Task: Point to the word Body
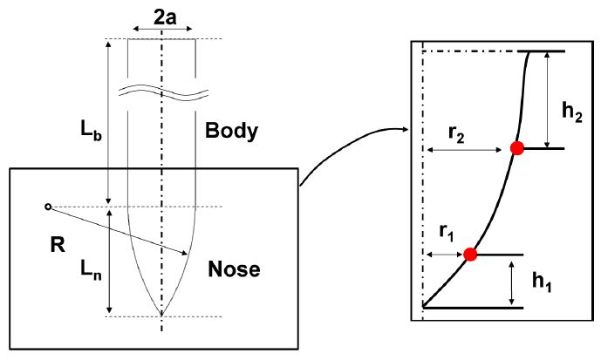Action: (231, 132)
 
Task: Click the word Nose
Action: (234, 269)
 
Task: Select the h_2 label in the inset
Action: (570, 111)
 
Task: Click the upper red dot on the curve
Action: (516, 148)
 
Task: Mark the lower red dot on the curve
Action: (470, 255)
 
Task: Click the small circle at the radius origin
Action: (47, 207)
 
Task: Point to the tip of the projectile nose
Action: (161, 315)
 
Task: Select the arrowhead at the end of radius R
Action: (187, 254)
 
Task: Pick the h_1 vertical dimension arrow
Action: (509, 281)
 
